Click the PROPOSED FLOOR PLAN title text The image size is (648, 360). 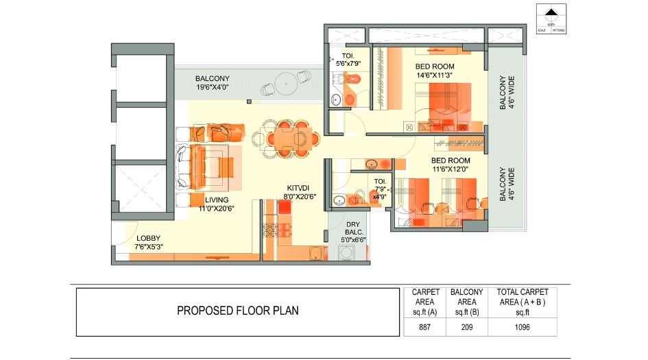pyautogui.click(x=238, y=311)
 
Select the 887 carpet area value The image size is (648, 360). pyautogui.click(x=426, y=327)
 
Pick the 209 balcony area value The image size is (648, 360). pyautogui.click(x=466, y=327)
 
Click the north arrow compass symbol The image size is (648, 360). pyautogui.click(x=551, y=14)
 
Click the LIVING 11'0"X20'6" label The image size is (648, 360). pyautogui.click(x=216, y=204)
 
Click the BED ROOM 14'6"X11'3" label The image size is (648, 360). pyautogui.click(x=434, y=71)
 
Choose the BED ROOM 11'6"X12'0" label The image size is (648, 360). pyautogui.click(x=451, y=165)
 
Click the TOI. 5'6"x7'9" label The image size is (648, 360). pyautogui.click(x=348, y=59)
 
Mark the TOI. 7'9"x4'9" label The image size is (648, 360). pyautogui.click(x=380, y=189)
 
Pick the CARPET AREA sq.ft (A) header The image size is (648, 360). pyautogui.click(x=426, y=301)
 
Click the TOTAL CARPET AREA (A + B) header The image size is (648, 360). pyautogui.click(x=523, y=301)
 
